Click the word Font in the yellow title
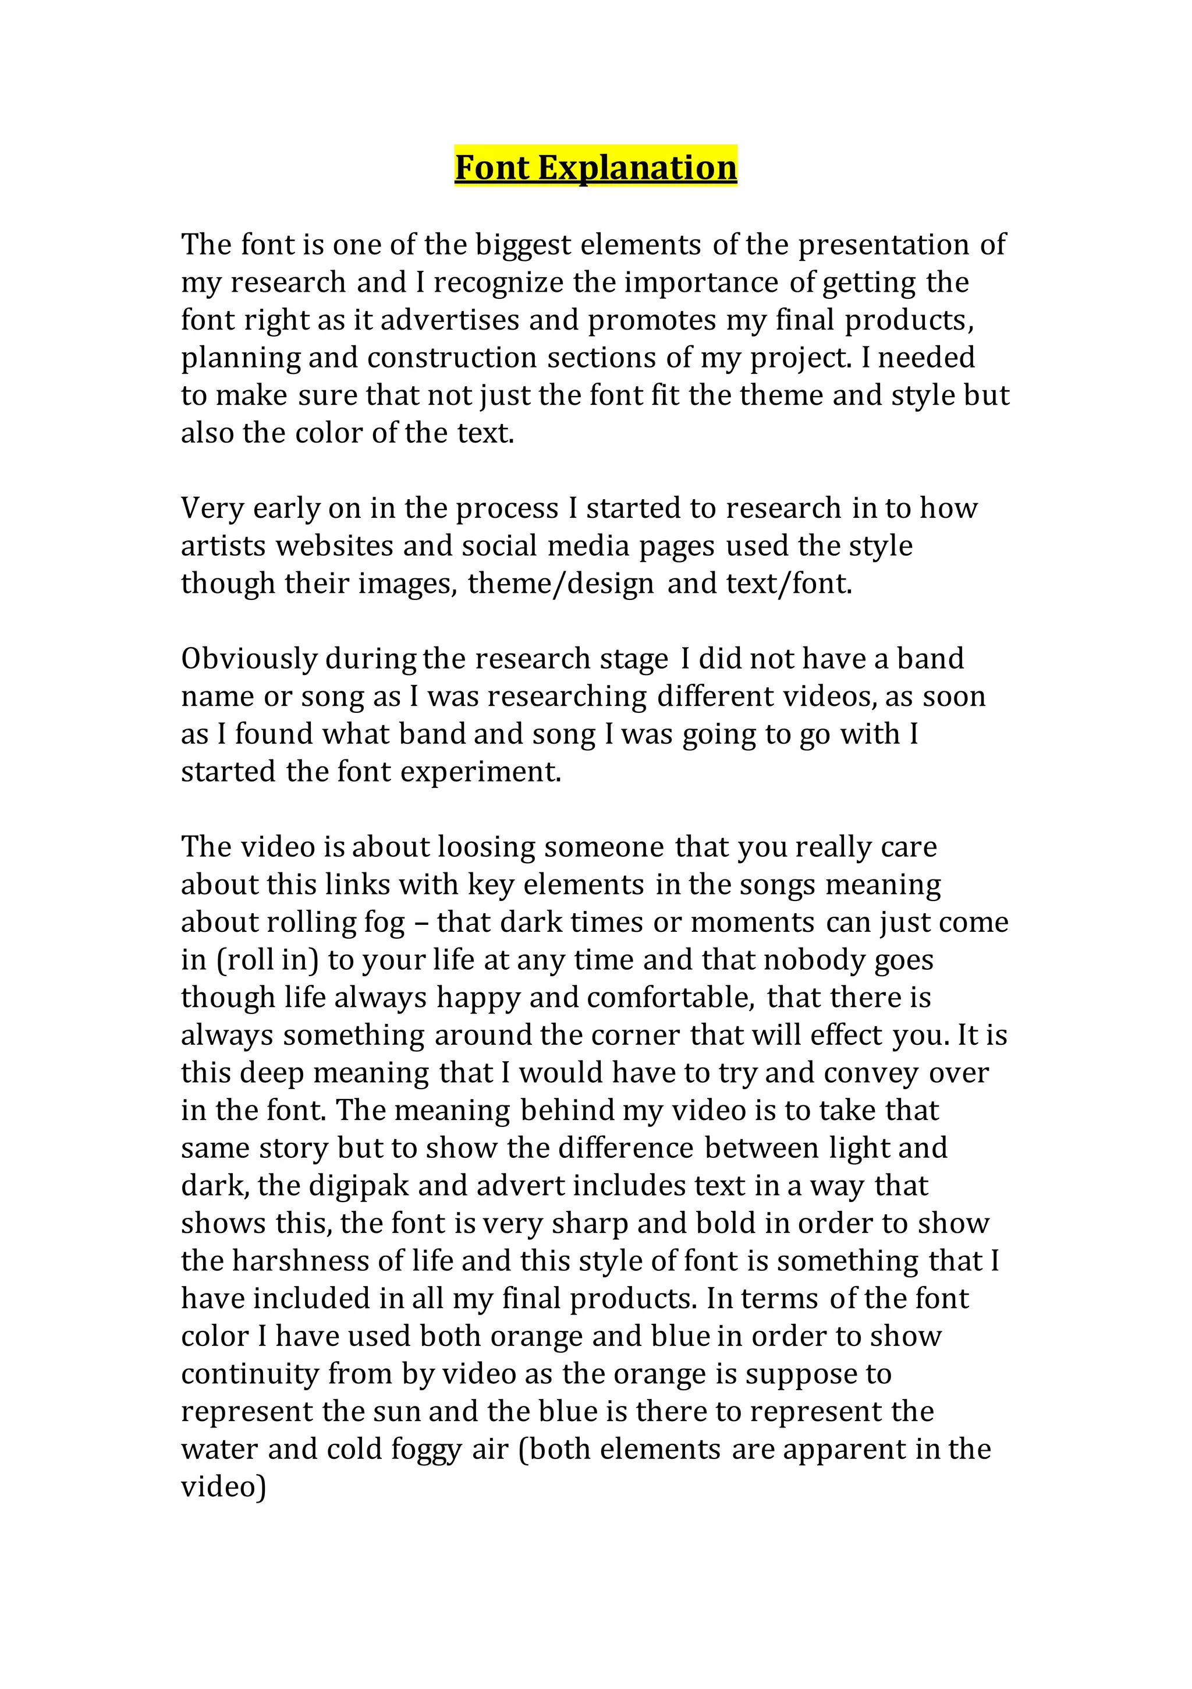[492, 168]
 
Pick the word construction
[452, 358]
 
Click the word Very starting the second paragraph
[212, 508]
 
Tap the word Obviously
[249, 659]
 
